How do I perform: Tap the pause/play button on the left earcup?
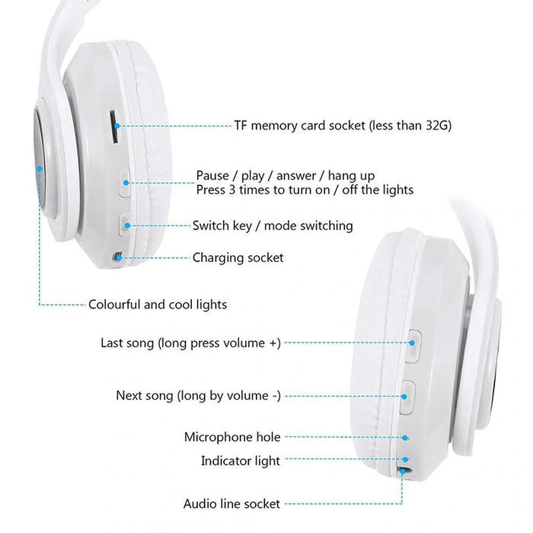tap(126, 183)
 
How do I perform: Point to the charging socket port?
tap(117, 257)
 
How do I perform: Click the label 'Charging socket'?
tap(238, 257)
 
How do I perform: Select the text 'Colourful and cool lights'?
tap(158, 305)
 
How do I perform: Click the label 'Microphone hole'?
tap(232, 437)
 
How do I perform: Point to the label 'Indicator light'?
tap(241, 461)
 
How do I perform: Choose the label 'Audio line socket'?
tap(231, 503)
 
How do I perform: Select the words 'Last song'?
tap(127, 343)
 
